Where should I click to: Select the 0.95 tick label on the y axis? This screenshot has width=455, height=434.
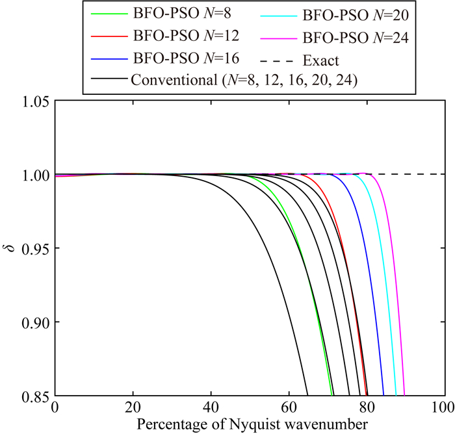tap(34, 248)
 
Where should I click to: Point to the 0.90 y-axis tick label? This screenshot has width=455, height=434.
tap(34, 322)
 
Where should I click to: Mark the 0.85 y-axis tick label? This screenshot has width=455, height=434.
tap(34, 395)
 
